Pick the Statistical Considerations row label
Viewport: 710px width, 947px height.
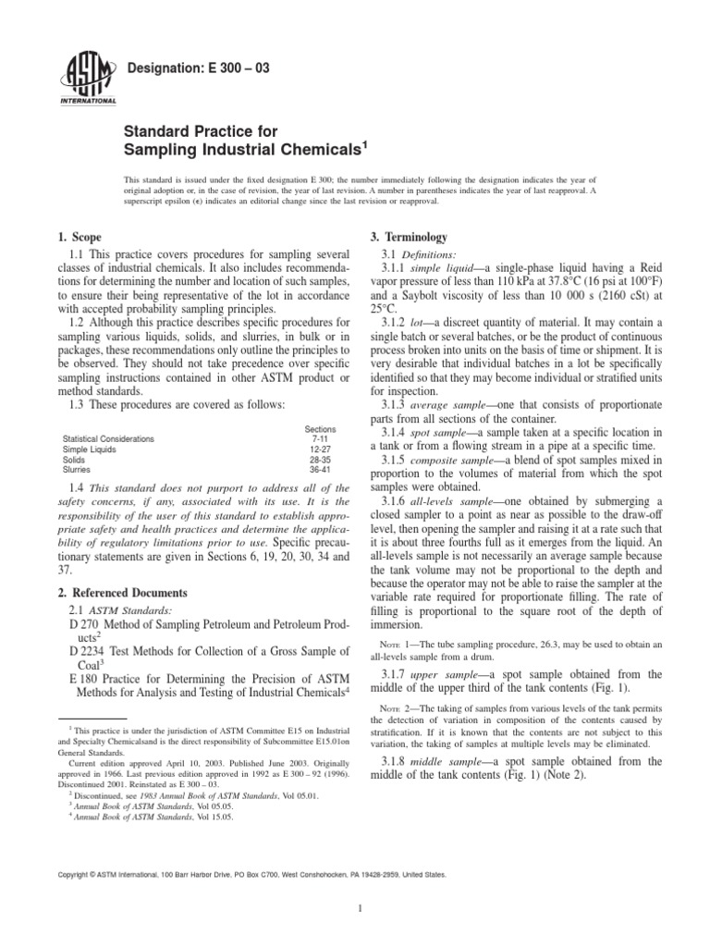[108, 438]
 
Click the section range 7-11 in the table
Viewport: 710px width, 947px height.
[320, 438]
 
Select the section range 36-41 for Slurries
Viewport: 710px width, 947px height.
[320, 470]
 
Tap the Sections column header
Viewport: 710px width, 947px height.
[320, 429]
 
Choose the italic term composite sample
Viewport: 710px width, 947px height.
[462, 460]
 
